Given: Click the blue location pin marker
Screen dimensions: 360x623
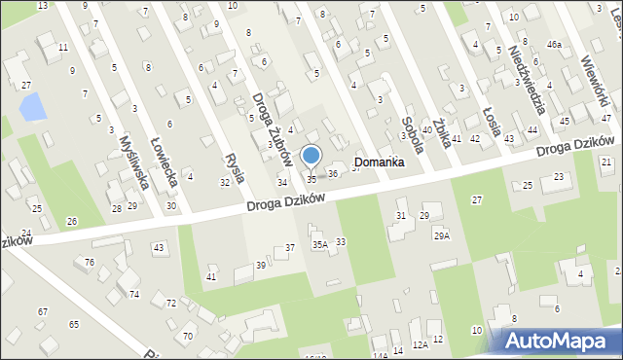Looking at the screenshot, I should [x=311, y=156].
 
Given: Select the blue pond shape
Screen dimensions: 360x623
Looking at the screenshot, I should [x=32, y=106].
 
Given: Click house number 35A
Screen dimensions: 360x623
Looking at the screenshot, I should [x=319, y=245].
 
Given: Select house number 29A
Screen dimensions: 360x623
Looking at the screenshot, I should [x=442, y=235].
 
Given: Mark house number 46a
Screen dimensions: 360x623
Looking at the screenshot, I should [x=554, y=45].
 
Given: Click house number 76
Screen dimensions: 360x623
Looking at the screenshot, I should [x=89, y=263].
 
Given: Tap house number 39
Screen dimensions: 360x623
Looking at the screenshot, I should [x=261, y=266].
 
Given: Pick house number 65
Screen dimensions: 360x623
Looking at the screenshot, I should [x=73, y=323].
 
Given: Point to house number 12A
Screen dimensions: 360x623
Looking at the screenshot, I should [x=420, y=344].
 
